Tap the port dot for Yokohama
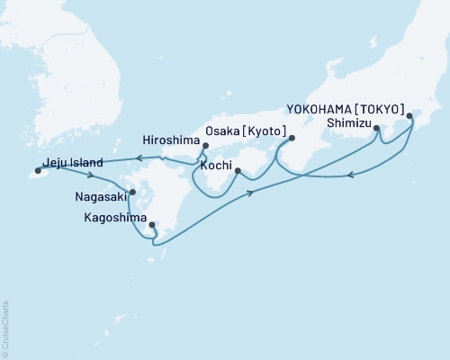coord(410,116)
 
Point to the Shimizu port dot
coord(376,129)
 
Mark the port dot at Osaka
coord(292,138)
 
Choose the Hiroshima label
coord(171,139)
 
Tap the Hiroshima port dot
coord(206,146)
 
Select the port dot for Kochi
coord(238,170)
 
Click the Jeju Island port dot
coord(38,169)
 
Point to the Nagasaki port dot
coord(132,192)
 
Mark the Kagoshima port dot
coord(151,225)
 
